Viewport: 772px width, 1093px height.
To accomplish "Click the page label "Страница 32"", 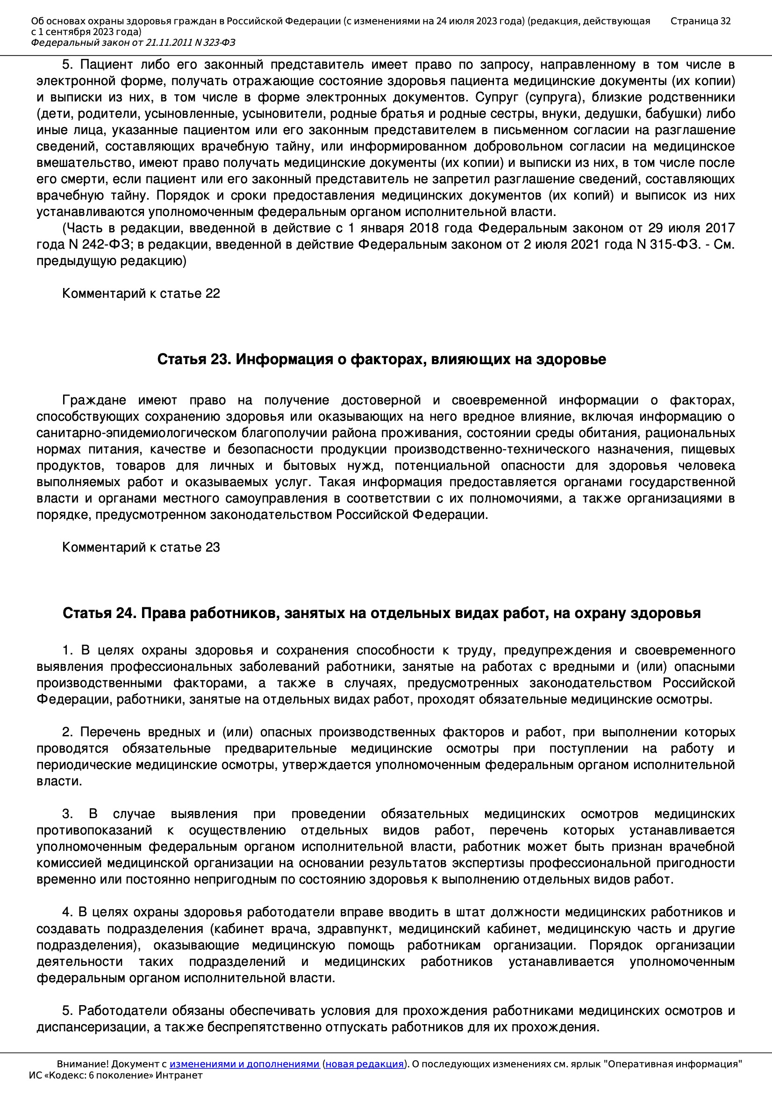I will pyautogui.click(x=700, y=21).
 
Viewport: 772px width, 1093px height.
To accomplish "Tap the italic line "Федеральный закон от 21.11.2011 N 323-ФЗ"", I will pyautogui.click(x=133, y=43).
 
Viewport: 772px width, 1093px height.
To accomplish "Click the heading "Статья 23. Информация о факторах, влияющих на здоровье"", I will pyautogui.click(x=381, y=359).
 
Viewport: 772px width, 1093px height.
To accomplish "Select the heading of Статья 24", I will pyautogui.click(x=381, y=613).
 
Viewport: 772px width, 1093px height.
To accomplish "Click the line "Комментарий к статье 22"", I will pyautogui.click(x=141, y=293).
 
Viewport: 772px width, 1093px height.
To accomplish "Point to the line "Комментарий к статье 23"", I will pyautogui.click(x=141, y=547).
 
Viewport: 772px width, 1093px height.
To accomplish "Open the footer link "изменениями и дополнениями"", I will pyautogui.click(x=244, y=1064).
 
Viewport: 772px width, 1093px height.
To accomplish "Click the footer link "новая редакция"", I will pyautogui.click(x=364, y=1064).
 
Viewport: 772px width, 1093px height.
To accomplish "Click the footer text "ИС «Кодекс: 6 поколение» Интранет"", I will pyautogui.click(x=115, y=1075).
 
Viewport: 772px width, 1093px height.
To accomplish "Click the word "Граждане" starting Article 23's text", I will pyautogui.click(x=94, y=400).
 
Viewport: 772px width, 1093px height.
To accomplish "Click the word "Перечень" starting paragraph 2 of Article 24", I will pyautogui.click(x=110, y=732).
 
